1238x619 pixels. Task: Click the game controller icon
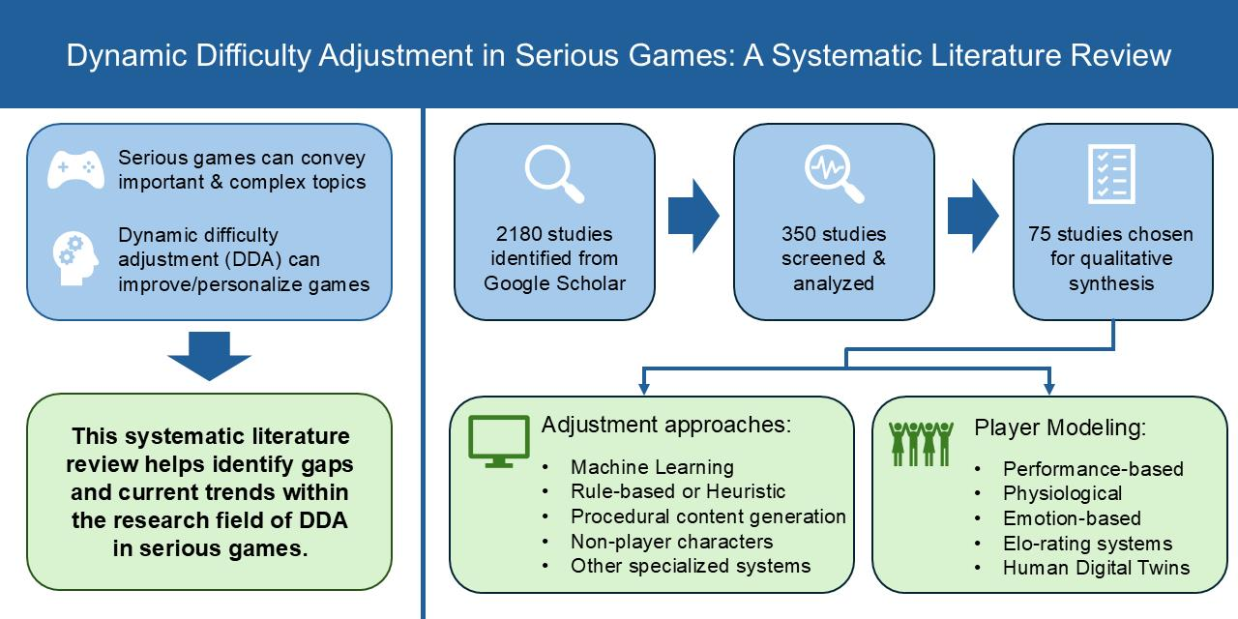click(x=75, y=168)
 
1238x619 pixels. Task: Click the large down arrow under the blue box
click(x=209, y=358)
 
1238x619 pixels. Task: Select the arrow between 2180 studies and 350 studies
click(x=693, y=215)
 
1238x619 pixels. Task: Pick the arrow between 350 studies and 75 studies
click(x=973, y=215)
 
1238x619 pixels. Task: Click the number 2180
click(x=517, y=235)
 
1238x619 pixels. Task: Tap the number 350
click(x=800, y=235)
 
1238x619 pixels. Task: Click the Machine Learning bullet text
click(x=652, y=467)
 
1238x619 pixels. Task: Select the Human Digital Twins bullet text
click(x=1096, y=569)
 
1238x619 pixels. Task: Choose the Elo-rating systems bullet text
click(x=1087, y=544)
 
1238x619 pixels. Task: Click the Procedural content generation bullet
click(x=708, y=516)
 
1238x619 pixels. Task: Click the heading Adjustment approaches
click(x=666, y=426)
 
